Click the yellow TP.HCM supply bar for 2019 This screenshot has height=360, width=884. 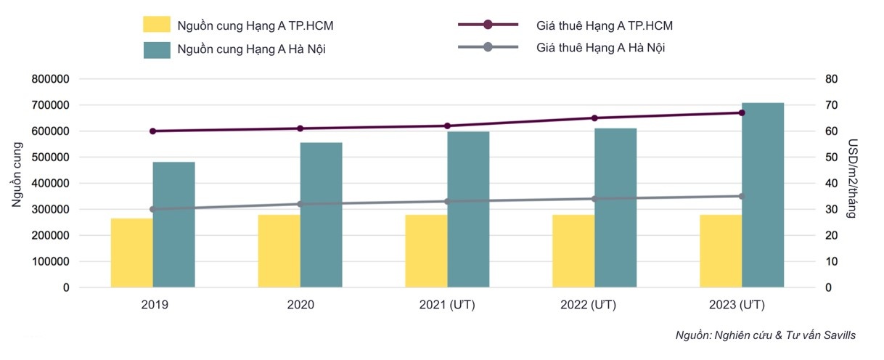[x=132, y=253]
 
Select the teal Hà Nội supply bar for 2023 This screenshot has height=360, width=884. [x=763, y=195]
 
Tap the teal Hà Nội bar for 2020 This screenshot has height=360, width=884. [x=321, y=215]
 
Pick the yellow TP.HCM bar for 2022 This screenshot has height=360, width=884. [x=573, y=251]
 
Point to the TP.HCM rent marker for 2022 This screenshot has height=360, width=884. [x=594, y=118]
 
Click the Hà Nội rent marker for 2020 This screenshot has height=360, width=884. [x=300, y=204]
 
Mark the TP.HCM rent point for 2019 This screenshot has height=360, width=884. [x=153, y=131]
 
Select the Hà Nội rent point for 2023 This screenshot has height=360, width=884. [x=742, y=196]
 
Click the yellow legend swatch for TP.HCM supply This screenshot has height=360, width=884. [x=157, y=25]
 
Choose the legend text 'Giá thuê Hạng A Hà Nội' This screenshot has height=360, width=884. [x=601, y=48]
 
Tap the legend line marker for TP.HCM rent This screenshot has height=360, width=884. [x=488, y=25]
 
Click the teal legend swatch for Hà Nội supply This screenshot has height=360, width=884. [x=157, y=49]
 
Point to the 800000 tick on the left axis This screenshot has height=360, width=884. [x=51, y=79]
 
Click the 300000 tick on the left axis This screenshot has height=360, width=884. [x=51, y=210]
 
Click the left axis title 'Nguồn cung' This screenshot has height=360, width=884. [x=17, y=174]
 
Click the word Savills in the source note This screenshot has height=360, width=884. [x=838, y=335]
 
